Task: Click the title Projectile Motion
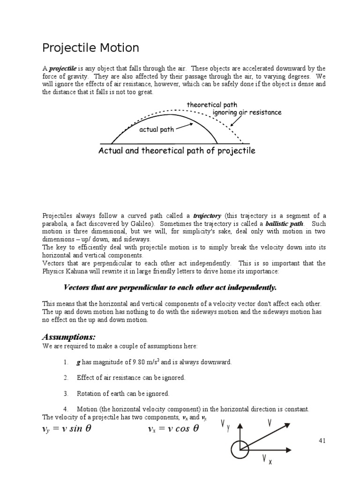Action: click(90, 48)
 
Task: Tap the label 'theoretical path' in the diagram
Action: click(212, 105)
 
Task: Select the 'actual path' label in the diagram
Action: click(157, 129)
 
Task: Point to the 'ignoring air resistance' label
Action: click(247, 112)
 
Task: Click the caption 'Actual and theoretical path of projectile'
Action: click(177, 150)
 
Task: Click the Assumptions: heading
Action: click(69, 337)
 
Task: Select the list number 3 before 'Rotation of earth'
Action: click(66, 393)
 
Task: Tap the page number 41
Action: click(321, 441)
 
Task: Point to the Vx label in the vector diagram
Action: click(267, 460)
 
